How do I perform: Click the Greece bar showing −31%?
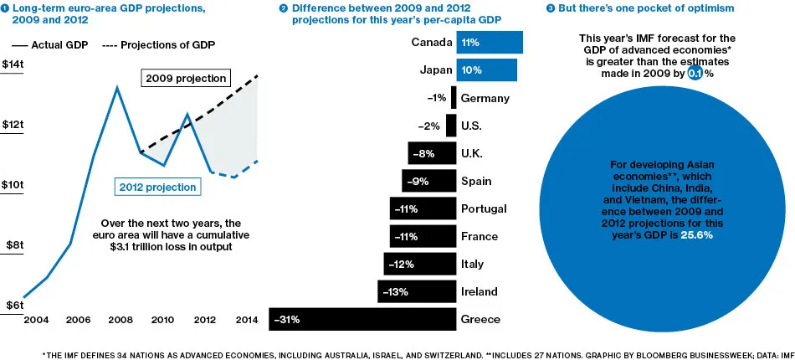(x=362, y=319)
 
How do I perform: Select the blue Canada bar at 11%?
(x=490, y=43)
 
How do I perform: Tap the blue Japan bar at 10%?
(x=486, y=70)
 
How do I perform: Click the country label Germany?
(x=485, y=98)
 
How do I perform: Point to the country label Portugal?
(x=484, y=208)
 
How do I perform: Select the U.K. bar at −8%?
(x=432, y=153)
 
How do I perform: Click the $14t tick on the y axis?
(x=13, y=65)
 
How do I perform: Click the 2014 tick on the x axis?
(x=246, y=320)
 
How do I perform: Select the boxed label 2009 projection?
(x=185, y=79)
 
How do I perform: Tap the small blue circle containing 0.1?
(x=694, y=74)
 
